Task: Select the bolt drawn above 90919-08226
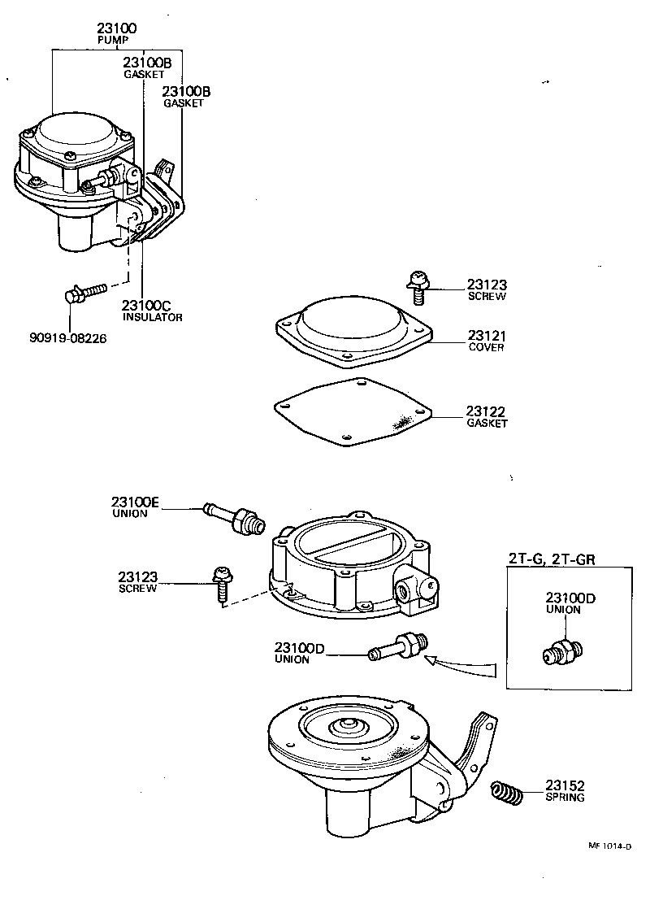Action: [x=83, y=293]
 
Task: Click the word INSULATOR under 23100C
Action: [x=152, y=317]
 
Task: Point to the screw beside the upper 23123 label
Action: [x=417, y=281]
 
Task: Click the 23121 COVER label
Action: [x=486, y=340]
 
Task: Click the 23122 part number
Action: [x=486, y=411]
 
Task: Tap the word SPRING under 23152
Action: [x=565, y=798]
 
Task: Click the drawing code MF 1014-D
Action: [x=609, y=846]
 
